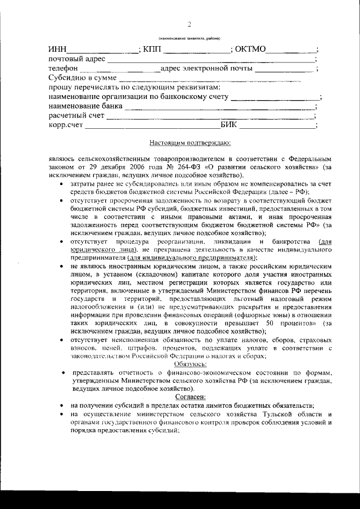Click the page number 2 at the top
coord(189,24)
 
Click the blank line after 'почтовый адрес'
coord(211,60)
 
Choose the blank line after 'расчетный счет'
coord(210,116)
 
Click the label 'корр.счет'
coord(66,125)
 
